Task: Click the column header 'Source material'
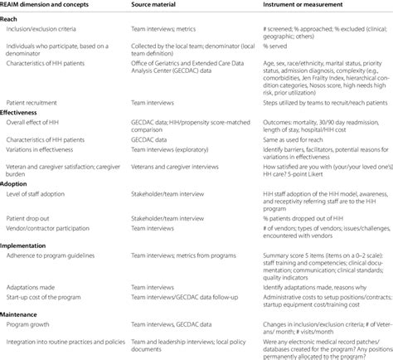158,5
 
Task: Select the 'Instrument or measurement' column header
280,5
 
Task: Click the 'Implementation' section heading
28,246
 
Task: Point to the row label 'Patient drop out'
33,222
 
